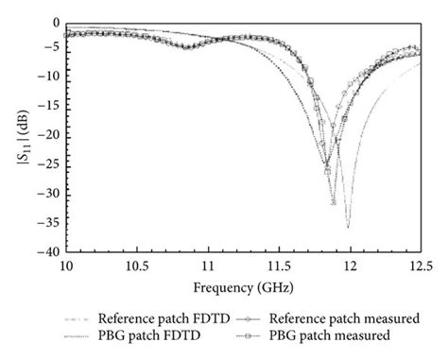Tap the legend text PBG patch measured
(x=339, y=336)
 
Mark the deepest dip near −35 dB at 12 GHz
(x=348, y=227)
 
